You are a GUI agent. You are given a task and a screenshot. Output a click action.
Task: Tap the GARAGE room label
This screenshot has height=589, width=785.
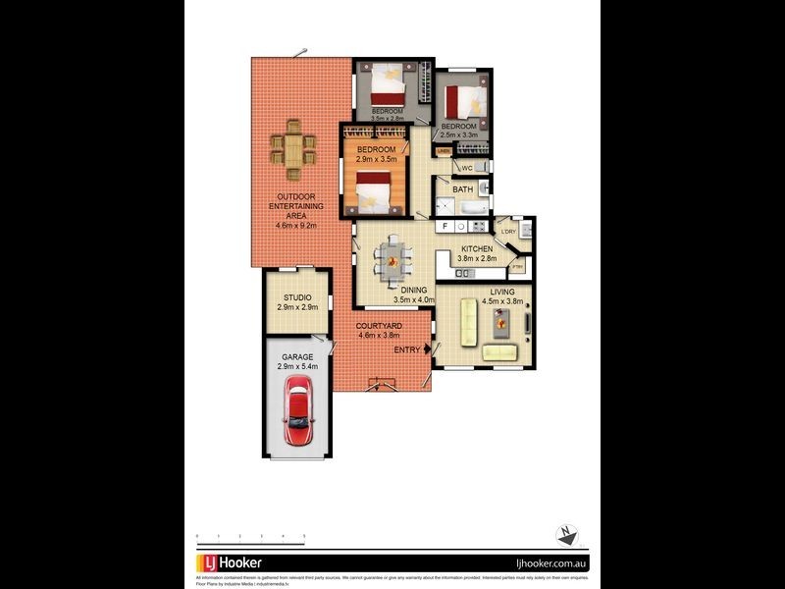coord(297,357)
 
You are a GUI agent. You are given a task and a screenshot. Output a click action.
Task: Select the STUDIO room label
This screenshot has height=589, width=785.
coord(297,297)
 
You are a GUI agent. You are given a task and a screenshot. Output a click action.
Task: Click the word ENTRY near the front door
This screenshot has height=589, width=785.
coord(407,349)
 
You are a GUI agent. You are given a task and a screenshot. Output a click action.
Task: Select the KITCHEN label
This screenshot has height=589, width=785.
coord(477,249)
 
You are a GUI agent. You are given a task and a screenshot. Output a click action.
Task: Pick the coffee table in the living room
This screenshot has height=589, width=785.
coord(502,319)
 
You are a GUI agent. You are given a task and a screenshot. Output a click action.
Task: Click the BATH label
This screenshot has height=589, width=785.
coord(462,189)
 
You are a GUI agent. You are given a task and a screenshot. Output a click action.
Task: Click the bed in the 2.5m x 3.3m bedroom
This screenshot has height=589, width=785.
coord(462,99)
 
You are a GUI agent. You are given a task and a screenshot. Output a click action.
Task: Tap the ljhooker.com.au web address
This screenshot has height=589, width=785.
coord(550,563)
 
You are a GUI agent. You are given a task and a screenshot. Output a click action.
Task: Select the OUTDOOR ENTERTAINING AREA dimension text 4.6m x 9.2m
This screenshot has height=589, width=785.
coord(297,224)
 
